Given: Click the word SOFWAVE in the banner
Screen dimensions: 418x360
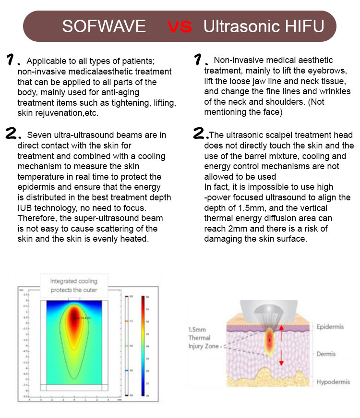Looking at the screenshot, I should click(x=104, y=26).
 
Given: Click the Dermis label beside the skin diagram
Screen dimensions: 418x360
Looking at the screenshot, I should click(x=326, y=354).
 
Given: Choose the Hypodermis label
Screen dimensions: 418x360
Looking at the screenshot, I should click(x=334, y=382).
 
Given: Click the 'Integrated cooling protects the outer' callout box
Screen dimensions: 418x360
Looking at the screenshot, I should click(x=74, y=285).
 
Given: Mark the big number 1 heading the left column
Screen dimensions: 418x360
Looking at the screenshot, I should click(x=12, y=61).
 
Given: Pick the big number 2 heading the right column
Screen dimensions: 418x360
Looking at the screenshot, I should click(x=200, y=134).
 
